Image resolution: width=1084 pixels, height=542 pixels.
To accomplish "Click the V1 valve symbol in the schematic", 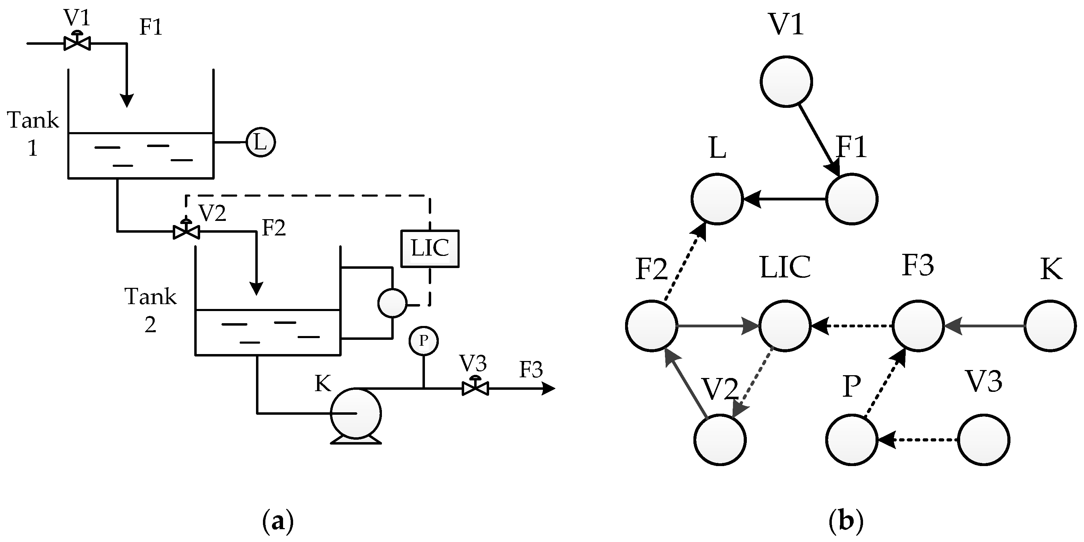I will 77,43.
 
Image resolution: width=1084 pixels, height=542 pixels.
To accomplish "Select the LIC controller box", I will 430,248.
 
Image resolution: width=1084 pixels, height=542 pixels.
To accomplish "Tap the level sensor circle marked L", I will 261,142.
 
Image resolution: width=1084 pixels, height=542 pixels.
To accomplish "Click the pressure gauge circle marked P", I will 423,341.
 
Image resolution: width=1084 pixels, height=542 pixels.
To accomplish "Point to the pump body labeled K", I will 356,413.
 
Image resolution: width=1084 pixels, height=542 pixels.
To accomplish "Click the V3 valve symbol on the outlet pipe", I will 475,388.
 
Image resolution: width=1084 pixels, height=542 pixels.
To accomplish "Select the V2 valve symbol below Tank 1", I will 186,231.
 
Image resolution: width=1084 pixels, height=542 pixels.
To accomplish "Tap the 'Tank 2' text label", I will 150,310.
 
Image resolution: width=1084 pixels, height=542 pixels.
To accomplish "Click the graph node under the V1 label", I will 786,81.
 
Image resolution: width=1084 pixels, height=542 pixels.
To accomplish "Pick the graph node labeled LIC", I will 784,325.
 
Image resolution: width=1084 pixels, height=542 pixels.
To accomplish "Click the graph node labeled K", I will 1050,325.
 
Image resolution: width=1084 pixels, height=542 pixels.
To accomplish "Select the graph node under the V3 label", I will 983,440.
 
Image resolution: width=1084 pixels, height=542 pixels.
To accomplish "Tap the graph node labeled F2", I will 651,325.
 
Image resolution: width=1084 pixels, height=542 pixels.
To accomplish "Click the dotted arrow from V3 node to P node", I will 917,440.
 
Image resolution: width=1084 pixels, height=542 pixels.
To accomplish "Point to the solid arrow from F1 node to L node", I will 784,199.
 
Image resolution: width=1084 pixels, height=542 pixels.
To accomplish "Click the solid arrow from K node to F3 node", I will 984,325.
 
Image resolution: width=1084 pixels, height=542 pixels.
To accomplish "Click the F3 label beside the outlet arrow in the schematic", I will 531,369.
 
